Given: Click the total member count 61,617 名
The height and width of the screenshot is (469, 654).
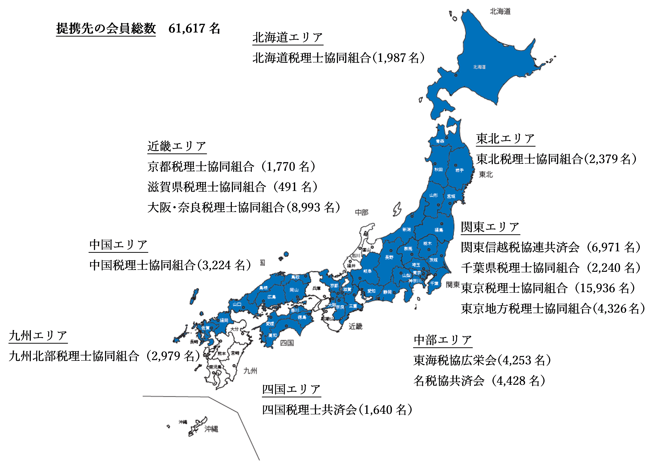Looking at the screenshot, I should pos(194,29).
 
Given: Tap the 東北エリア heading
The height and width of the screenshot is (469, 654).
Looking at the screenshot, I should pos(505,139).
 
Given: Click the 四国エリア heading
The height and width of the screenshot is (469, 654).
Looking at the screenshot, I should pos(291,389).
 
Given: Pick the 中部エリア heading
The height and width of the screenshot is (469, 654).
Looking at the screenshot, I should pos(443,340).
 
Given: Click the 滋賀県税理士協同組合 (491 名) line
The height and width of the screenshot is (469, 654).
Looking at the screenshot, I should pos(232,187).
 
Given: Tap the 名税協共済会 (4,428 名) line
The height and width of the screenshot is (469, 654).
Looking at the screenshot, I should pos(479,381).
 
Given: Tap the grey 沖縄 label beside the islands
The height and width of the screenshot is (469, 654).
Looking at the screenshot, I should pos(211,429).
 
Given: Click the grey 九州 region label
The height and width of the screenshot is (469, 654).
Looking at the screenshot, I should pos(250,371).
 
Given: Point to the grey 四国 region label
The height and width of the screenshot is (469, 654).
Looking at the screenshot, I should pos(287,343).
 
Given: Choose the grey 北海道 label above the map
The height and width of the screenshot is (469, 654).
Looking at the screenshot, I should pos(500,11).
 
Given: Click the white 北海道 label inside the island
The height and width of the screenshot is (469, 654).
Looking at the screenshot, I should pos(479,67).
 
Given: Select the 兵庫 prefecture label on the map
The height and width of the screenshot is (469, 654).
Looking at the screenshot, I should pos(316,288).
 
